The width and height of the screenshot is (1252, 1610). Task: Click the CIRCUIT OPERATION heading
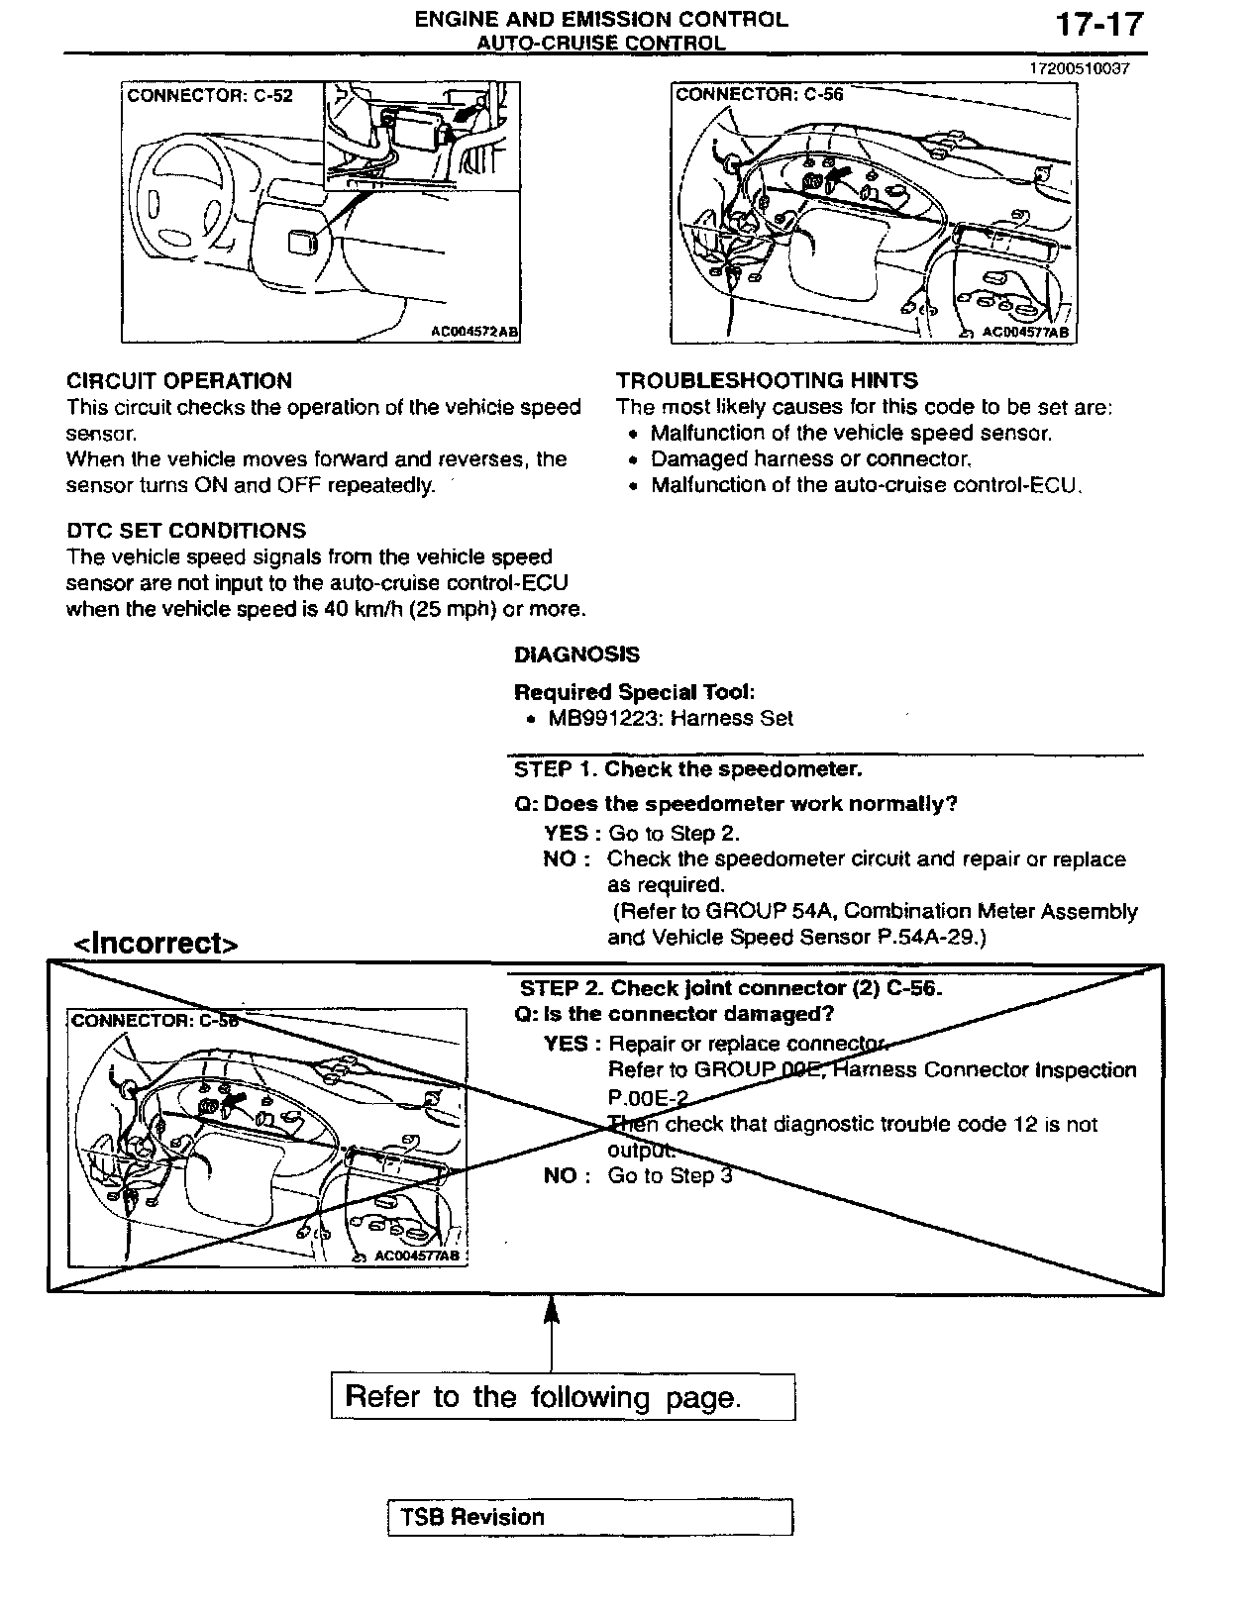[179, 381]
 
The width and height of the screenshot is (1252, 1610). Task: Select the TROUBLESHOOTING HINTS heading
[767, 380]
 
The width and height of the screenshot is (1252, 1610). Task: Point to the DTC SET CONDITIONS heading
[186, 531]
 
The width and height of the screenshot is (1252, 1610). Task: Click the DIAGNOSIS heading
[576, 654]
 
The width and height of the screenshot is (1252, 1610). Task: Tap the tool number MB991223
[603, 719]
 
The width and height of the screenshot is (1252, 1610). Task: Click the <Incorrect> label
[156, 944]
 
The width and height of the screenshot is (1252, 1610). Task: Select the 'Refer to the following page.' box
[563, 1397]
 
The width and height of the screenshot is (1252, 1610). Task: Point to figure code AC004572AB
[474, 333]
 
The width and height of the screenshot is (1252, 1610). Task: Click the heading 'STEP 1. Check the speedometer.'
[687, 769]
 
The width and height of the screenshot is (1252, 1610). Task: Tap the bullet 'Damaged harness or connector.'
[811, 459]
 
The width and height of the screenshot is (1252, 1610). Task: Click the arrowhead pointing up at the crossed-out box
[551, 1313]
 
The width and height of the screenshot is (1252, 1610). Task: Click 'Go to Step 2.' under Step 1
[674, 834]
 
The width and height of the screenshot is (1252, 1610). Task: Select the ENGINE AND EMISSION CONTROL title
[600, 19]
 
